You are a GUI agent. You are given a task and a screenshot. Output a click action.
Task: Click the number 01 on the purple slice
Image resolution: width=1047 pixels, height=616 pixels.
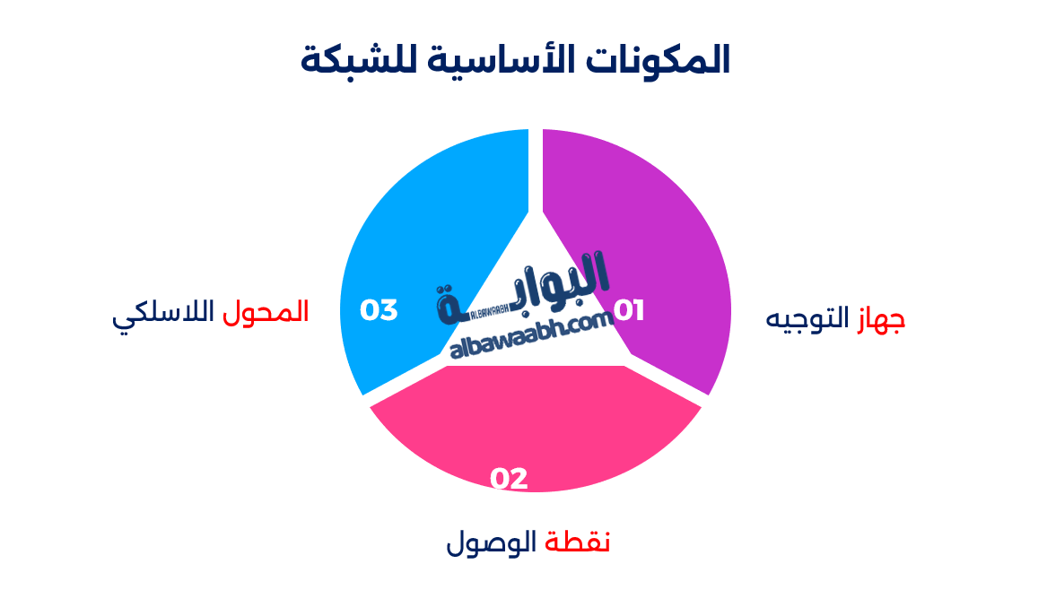629,311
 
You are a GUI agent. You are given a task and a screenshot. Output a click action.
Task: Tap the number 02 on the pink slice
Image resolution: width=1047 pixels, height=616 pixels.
509,479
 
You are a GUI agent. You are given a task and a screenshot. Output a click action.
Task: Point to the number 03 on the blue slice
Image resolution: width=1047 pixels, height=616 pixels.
379,310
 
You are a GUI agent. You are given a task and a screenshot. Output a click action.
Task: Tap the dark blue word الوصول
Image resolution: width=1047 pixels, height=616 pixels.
491,542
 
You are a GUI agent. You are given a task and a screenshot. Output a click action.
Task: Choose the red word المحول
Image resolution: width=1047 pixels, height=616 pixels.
266,312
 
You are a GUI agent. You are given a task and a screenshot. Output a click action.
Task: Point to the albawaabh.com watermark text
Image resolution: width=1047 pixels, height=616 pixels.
525,336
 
